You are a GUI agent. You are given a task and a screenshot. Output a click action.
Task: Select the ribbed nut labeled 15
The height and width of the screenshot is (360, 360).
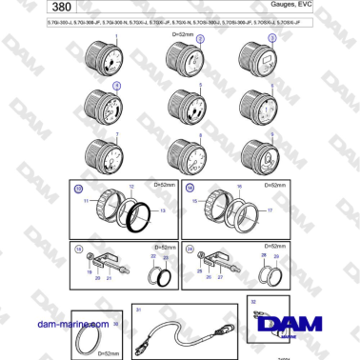[210, 204]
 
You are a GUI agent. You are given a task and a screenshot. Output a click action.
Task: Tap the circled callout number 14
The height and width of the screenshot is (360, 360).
[190, 188]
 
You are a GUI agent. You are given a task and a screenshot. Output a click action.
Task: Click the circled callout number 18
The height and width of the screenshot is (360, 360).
[79, 250]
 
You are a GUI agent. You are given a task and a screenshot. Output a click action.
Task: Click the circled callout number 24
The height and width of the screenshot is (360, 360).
[190, 250]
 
